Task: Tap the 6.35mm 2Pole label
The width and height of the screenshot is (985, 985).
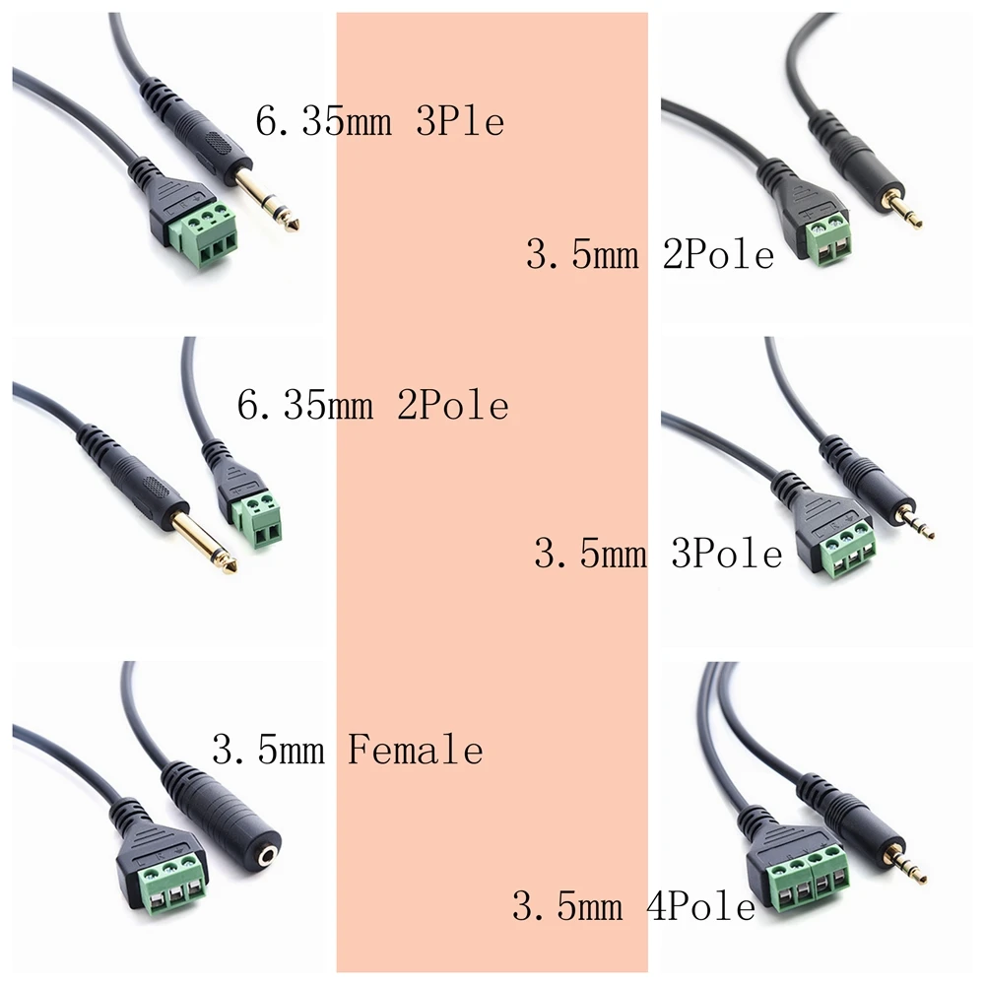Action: (373, 405)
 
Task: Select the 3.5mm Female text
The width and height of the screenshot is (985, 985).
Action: (348, 751)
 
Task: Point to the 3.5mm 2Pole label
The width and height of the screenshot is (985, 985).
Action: (650, 256)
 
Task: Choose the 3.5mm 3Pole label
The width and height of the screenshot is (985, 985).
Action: (658, 553)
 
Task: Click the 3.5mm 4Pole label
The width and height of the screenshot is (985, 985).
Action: (633, 905)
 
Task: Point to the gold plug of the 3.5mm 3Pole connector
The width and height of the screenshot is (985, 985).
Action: (915, 522)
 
